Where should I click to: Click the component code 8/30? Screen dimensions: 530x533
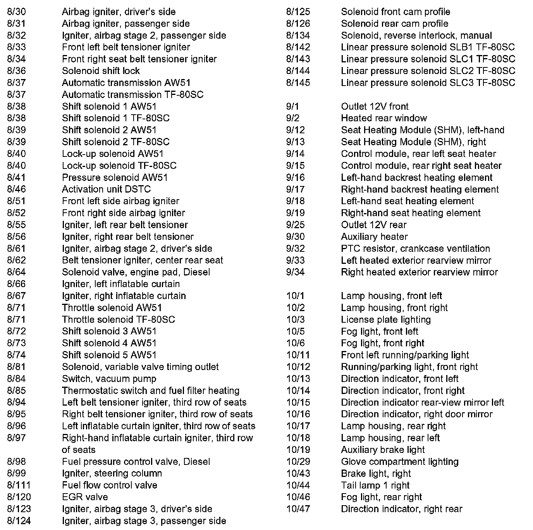click(16, 12)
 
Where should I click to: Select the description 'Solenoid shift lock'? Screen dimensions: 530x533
click(101, 71)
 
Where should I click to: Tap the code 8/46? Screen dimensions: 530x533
click(16, 189)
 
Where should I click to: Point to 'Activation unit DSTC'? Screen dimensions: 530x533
click(106, 189)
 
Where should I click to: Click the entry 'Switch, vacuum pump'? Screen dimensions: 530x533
click(109, 379)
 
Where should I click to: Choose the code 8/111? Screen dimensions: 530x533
click(19, 485)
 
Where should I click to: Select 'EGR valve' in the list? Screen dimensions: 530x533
click(85, 497)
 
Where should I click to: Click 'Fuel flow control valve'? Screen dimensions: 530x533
click(110, 485)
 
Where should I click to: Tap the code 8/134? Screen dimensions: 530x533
click(298, 35)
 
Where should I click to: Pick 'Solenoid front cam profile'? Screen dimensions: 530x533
click(395, 12)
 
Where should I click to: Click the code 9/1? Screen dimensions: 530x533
click(293, 106)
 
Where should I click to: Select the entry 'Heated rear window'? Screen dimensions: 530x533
click(384, 118)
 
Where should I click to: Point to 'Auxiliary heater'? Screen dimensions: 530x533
click(374, 236)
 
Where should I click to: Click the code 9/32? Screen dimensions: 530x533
click(296, 248)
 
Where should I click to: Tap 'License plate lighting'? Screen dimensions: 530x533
click(386, 319)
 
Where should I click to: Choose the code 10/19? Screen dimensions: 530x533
click(298, 449)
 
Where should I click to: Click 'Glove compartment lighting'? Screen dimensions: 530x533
click(400, 461)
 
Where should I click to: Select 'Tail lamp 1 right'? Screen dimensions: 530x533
click(375, 485)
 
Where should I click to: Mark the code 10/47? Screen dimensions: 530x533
click(298, 509)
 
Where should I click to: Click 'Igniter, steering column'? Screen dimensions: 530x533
click(112, 473)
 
